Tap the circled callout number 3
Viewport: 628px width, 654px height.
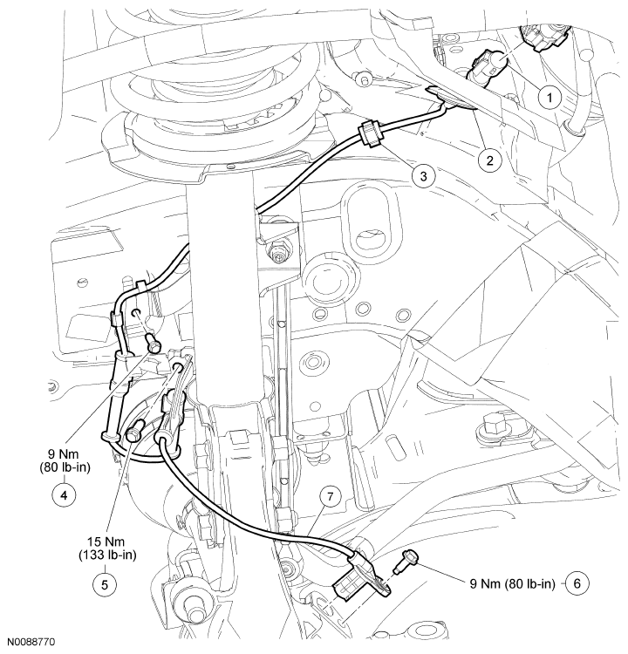(424, 176)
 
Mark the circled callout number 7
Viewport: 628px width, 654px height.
(328, 497)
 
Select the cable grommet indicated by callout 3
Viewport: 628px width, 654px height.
(369, 134)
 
